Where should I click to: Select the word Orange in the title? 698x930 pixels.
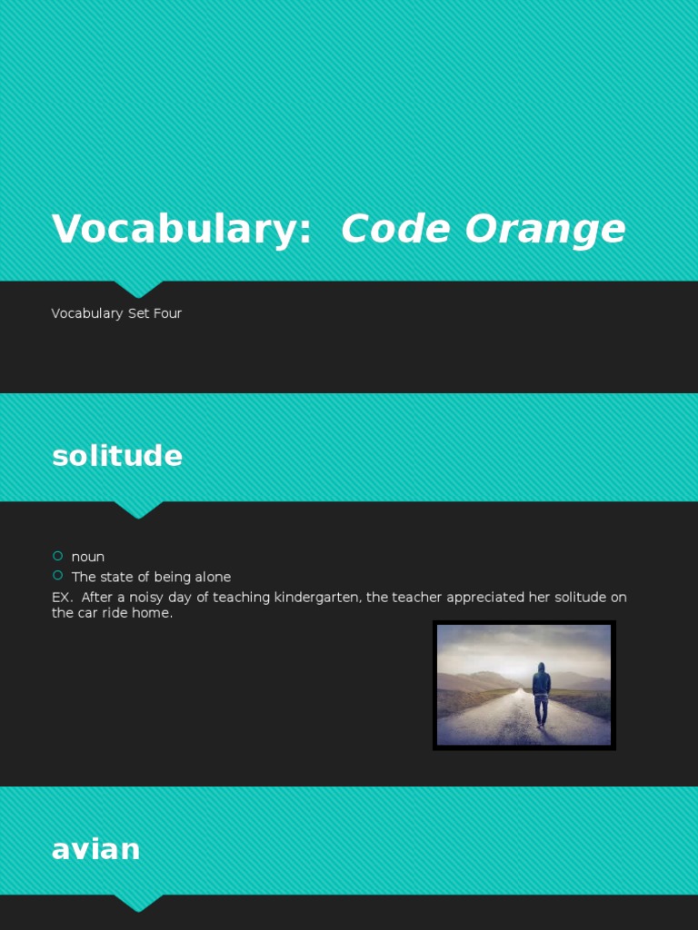tap(545, 229)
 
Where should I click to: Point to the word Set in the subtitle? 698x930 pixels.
tap(138, 313)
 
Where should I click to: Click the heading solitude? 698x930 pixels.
tap(117, 456)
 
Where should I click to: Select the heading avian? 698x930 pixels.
tap(96, 849)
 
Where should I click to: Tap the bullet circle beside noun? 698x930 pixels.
tap(58, 556)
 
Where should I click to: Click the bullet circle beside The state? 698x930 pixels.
tap(58, 576)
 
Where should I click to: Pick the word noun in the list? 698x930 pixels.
tap(88, 557)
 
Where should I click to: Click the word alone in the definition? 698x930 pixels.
tap(213, 577)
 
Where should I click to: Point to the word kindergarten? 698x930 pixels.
tap(316, 598)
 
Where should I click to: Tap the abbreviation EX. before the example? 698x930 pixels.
tap(62, 598)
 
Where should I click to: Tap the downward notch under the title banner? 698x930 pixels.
tap(138, 289)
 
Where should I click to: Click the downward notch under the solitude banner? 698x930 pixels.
tap(138, 510)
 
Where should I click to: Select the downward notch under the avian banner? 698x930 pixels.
tap(138, 903)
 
